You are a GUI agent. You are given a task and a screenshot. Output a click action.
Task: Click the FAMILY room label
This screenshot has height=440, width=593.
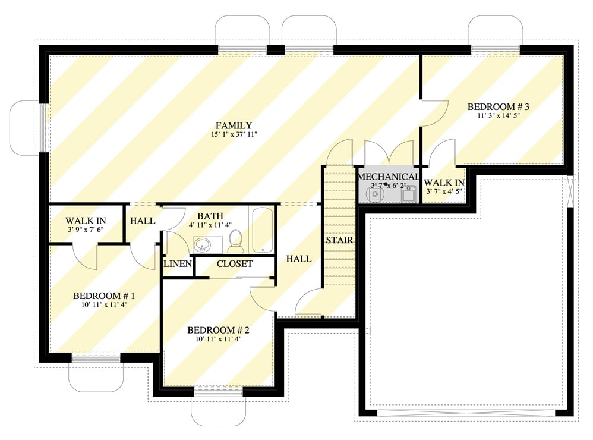coord(234,125)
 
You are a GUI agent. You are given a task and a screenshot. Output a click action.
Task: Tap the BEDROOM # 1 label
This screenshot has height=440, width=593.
coord(104,296)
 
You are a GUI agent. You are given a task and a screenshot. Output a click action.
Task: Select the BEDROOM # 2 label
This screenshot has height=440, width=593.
coord(218,330)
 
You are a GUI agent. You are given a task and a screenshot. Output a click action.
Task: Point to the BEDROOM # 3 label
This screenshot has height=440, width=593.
coord(498,107)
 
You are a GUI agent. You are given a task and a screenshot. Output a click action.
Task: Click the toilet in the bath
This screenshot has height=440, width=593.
coord(235,240)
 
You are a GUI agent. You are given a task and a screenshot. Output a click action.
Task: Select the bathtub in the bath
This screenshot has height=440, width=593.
coord(261,231)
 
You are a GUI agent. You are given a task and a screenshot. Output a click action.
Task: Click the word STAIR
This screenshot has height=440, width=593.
coord(339,241)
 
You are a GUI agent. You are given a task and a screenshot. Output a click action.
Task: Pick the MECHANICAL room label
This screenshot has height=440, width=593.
coord(388,177)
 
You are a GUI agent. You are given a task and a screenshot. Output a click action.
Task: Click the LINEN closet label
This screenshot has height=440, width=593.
coord(176,263)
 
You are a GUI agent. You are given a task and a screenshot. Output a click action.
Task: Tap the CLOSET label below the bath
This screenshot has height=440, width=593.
coord(235,263)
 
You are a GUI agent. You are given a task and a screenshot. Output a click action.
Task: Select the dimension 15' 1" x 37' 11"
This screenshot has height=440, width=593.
coord(234,135)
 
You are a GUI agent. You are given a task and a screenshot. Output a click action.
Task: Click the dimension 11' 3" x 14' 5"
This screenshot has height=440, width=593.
coord(498,116)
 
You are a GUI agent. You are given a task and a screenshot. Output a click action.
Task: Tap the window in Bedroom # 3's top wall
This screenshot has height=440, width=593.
coord(496,49)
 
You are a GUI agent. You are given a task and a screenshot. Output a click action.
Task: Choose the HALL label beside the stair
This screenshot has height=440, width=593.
coord(298,259)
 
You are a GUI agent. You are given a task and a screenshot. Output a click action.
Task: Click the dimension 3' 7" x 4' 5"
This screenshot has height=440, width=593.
coord(443,191)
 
